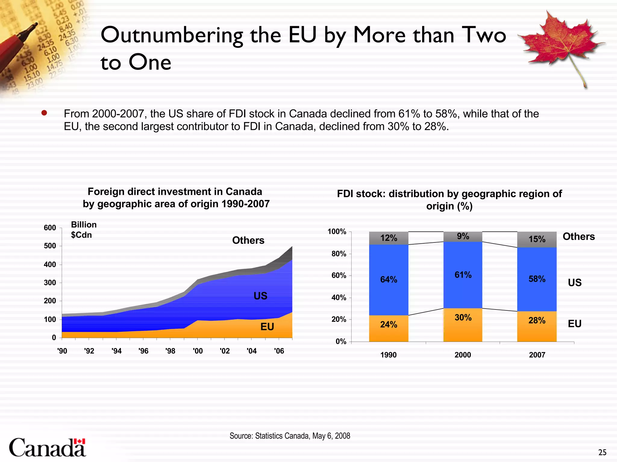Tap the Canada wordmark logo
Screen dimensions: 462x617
click(48, 447)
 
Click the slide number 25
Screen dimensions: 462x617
click(602, 452)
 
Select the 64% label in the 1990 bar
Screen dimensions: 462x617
click(388, 280)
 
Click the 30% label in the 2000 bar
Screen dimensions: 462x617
click(463, 318)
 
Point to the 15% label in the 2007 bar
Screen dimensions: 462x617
click(537, 239)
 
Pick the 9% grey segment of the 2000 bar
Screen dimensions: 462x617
click(463, 236)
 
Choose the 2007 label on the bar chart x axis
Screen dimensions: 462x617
click(537, 355)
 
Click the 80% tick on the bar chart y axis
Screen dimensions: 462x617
click(339, 254)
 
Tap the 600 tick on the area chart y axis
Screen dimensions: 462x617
click(50, 228)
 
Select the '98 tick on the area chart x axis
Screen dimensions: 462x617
click(170, 351)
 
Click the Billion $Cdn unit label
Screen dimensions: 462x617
click(83, 230)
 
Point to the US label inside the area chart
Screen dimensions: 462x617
click(260, 296)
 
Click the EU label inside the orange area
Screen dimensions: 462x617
click(267, 327)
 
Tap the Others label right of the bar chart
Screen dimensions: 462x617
click(578, 236)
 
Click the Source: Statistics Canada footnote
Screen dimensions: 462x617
click(290, 436)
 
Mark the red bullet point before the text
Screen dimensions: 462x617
click(44, 113)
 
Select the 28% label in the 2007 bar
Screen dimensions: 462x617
click(537, 321)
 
